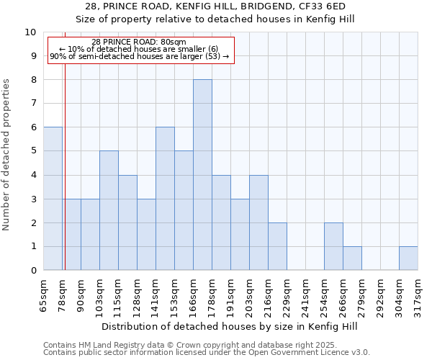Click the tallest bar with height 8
(x=202, y=175)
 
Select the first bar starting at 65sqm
(x=53, y=199)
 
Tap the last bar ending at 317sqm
(x=408, y=258)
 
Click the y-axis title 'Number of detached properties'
(x=7, y=155)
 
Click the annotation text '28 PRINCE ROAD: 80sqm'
(x=140, y=42)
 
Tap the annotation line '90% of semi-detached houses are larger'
(x=140, y=56)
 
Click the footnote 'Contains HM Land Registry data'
(x=206, y=345)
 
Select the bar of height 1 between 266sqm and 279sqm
(x=352, y=258)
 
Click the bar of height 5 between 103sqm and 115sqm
(x=109, y=210)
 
